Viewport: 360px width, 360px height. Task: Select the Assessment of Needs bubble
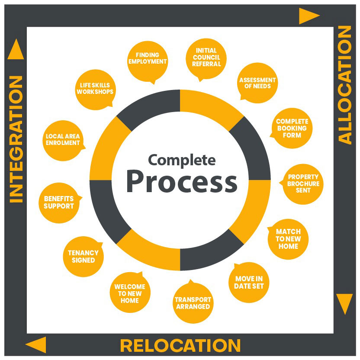(x=257, y=83)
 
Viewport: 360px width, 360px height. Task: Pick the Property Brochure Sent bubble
(x=303, y=183)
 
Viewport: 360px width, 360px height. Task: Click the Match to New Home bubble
(x=288, y=239)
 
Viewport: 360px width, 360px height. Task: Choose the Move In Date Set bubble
(x=249, y=283)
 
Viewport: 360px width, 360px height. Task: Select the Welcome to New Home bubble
(x=130, y=293)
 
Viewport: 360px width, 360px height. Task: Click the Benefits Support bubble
(x=59, y=202)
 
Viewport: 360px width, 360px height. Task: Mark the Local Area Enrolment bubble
(x=63, y=140)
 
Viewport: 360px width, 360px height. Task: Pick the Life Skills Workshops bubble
(x=95, y=89)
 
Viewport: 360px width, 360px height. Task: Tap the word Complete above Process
(x=181, y=160)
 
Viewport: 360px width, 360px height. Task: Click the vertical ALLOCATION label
(x=345, y=85)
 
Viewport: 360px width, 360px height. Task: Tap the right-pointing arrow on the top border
(x=309, y=16)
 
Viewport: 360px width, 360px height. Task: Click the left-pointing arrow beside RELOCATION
(x=36, y=345)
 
